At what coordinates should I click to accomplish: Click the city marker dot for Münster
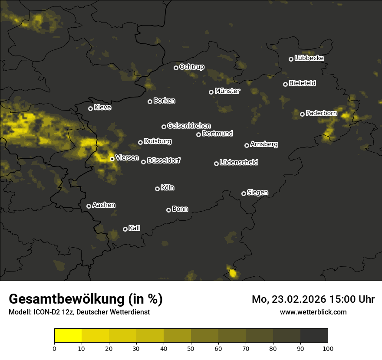211,92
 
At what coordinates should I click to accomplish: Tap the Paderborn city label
321,113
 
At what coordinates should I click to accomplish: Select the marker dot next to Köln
157,189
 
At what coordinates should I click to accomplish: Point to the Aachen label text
104,205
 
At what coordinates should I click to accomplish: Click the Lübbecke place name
309,58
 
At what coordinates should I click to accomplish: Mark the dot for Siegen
244,193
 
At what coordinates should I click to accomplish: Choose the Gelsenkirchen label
189,126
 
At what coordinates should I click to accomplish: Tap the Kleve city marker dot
90,108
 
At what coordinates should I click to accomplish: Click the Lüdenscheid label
239,163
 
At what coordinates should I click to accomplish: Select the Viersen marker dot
112,159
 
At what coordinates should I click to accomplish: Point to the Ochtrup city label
191,67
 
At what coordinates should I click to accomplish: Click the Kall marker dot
125,229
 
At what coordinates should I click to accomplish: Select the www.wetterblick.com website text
313,312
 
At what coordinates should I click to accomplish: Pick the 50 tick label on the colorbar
191,348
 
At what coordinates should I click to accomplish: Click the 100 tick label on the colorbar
328,348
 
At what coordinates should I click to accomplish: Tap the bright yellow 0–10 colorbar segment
68,335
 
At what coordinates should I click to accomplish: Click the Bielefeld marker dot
285,84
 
